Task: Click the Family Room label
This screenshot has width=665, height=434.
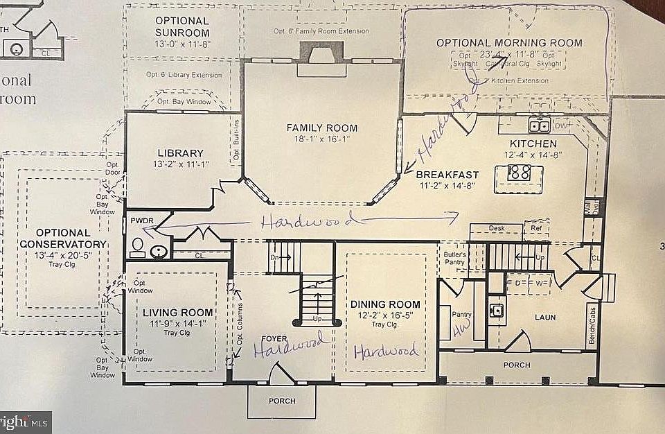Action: (x=322, y=128)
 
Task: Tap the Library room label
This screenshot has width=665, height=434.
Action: (x=179, y=153)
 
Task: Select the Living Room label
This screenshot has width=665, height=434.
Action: (x=175, y=313)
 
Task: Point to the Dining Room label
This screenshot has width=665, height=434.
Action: (x=385, y=304)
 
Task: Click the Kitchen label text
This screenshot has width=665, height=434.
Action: (x=529, y=144)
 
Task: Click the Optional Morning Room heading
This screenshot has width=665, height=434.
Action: (x=509, y=43)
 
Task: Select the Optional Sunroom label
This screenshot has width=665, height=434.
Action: (x=182, y=26)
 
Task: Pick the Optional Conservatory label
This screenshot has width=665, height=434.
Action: (x=63, y=238)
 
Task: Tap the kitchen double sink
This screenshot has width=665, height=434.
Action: (x=539, y=125)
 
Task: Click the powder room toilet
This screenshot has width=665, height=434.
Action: (x=137, y=247)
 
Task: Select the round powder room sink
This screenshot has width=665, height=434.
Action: (x=159, y=252)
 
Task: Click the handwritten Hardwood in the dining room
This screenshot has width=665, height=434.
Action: (x=386, y=351)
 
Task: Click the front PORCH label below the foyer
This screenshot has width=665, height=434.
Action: (x=281, y=401)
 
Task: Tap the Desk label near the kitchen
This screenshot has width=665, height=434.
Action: (x=495, y=227)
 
